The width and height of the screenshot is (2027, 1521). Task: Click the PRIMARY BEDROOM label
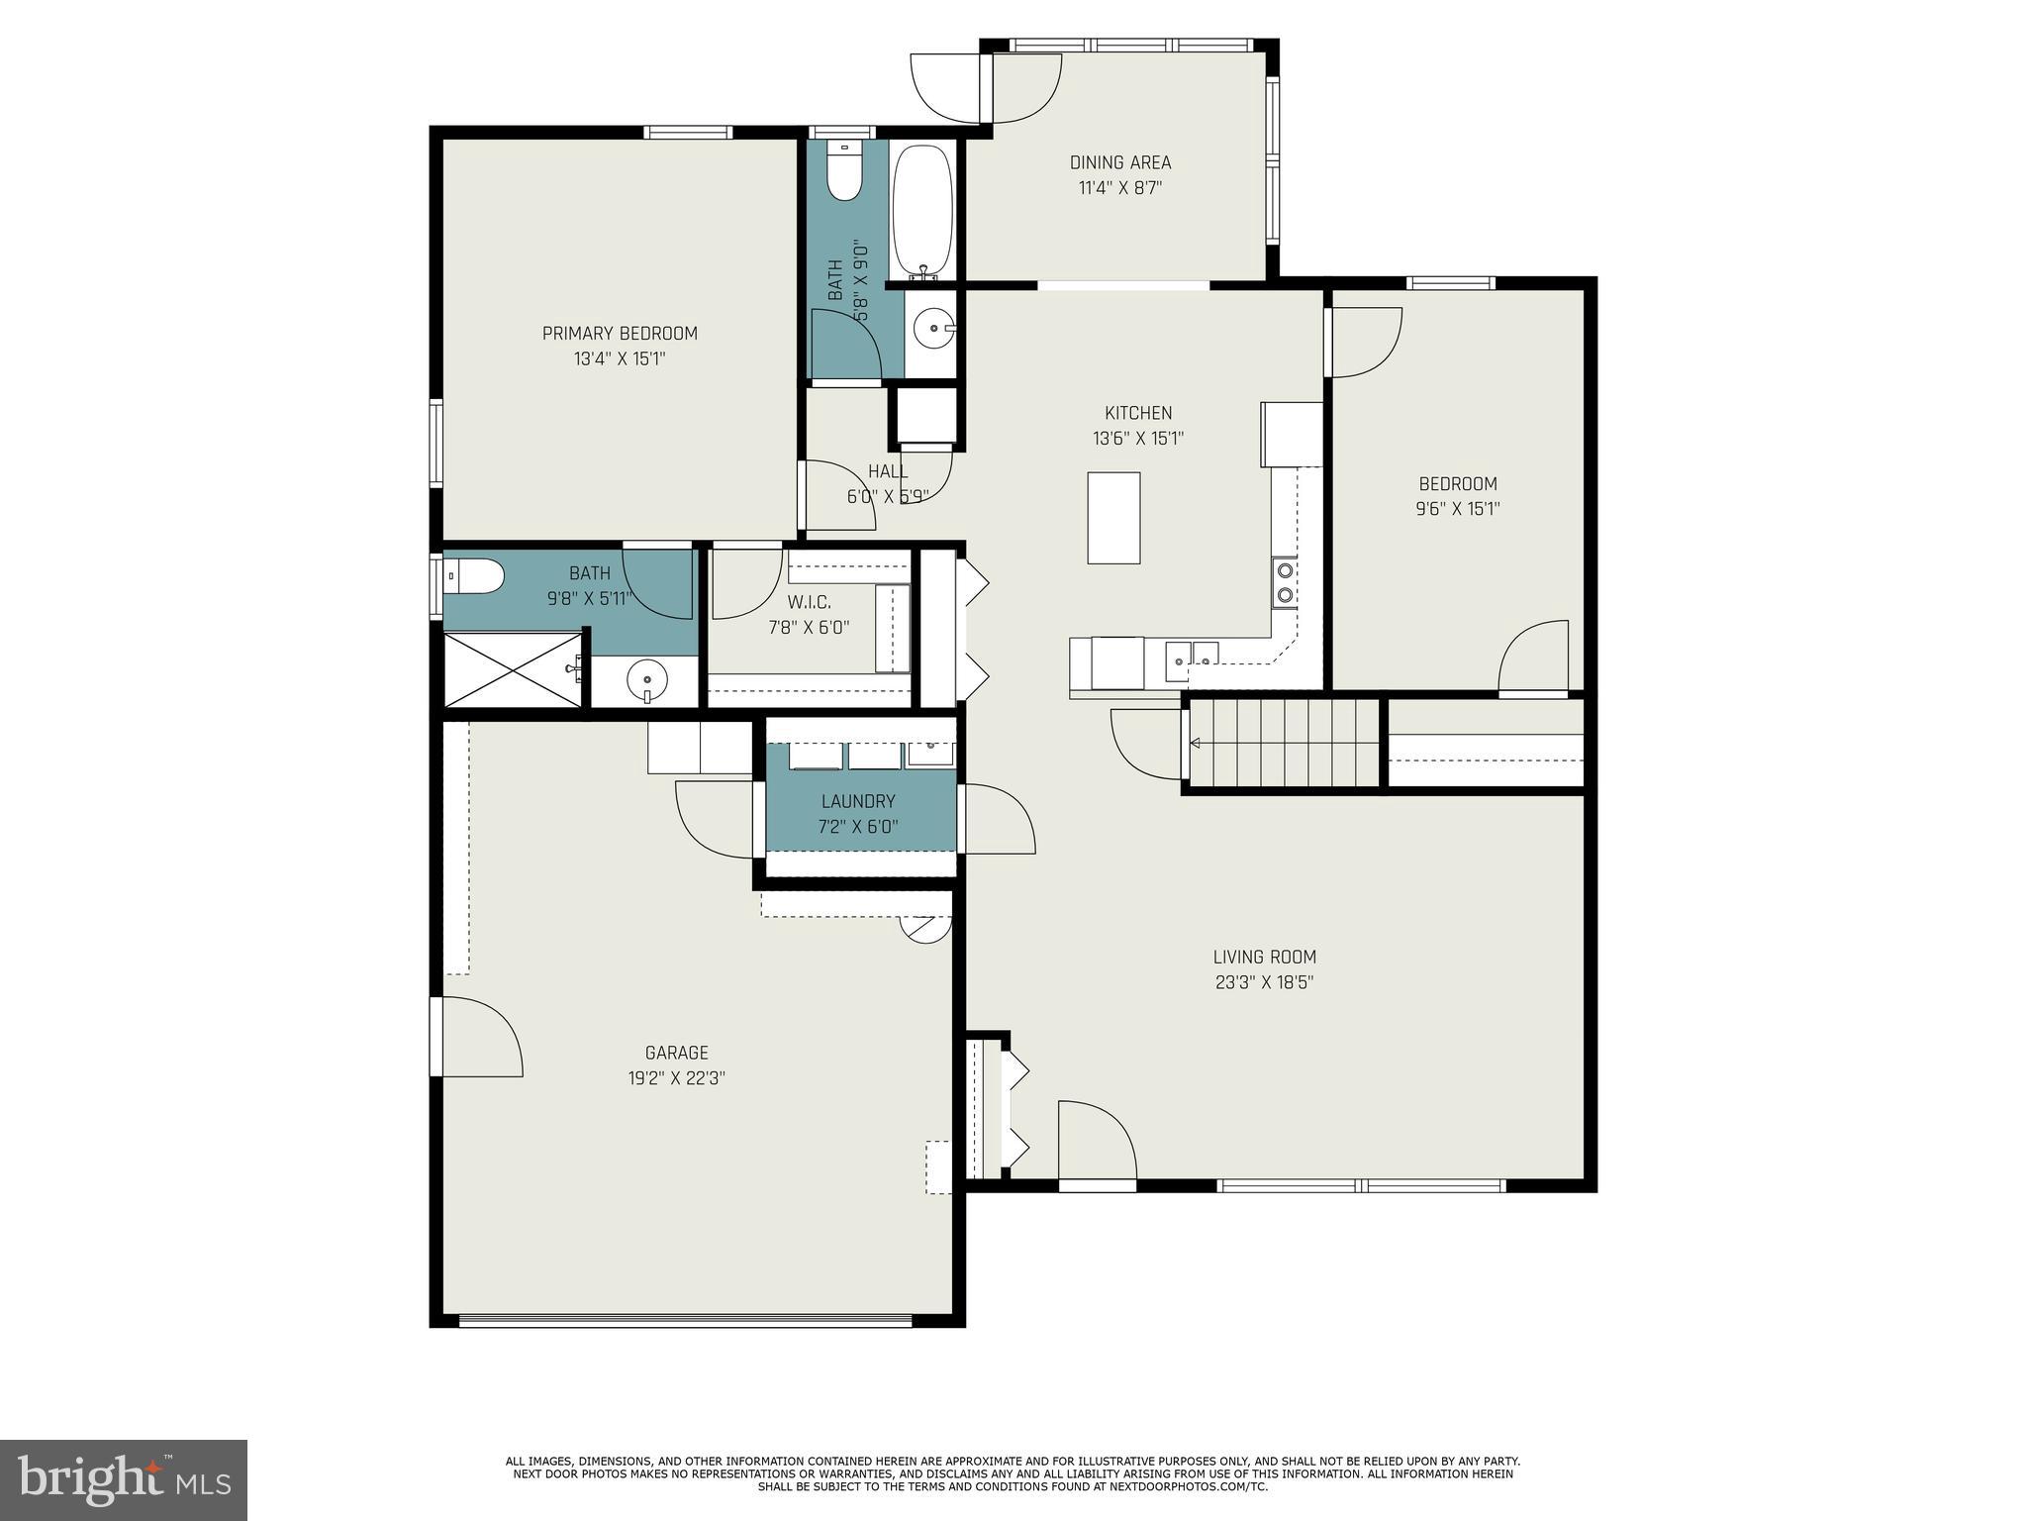pos(620,334)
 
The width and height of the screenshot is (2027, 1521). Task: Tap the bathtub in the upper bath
pos(922,210)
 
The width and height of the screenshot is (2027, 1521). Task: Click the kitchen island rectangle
pos(1113,518)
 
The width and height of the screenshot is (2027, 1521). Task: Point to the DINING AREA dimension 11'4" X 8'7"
pos(1119,188)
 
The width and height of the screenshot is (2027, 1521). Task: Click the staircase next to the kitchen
pos(1285,743)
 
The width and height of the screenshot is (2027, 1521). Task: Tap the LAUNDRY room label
pos(858,801)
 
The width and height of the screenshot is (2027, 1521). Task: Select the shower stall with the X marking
pos(513,669)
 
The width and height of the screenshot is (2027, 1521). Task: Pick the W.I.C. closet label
pos(809,602)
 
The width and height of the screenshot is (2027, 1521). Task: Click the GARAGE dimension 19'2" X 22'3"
pos(677,1078)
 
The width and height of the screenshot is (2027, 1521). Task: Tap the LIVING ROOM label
pos(1264,957)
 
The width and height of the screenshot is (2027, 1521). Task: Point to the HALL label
pos(887,471)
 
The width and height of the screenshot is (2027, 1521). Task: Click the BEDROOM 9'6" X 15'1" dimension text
pos(1458,509)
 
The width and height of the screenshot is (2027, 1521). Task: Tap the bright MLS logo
pos(124,1480)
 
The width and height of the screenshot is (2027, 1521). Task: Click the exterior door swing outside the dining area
pos(948,87)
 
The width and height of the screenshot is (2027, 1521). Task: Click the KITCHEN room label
pos(1138,413)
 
